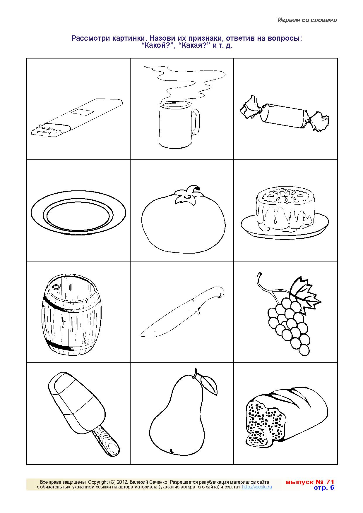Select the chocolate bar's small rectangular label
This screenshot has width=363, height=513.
(81, 111)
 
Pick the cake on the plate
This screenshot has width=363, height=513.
(285, 214)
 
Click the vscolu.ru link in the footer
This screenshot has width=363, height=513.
(257, 487)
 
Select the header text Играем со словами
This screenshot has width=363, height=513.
(307, 20)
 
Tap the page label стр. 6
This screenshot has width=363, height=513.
(324, 488)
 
